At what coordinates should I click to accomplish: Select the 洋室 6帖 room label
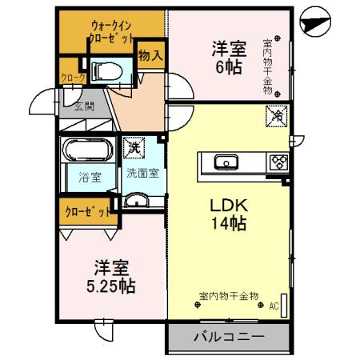coord(227,57)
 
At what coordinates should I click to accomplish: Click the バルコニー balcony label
coord(227,337)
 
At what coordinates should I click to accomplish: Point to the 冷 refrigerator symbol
coord(274,115)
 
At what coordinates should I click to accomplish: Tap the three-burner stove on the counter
coord(277,162)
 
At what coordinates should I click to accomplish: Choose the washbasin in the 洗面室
coord(138,200)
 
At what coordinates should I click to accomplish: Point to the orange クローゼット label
coord(86,212)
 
